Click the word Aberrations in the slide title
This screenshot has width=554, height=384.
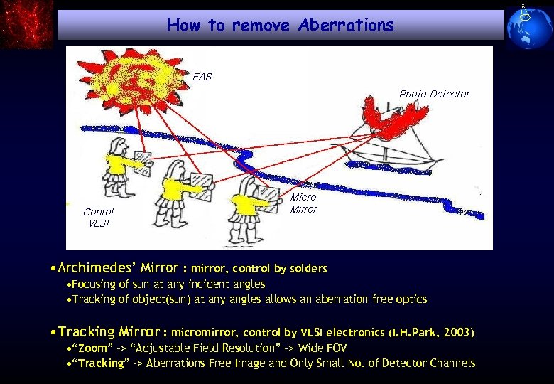(x=346, y=26)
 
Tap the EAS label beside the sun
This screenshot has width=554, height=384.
(x=202, y=77)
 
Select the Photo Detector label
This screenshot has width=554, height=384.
(x=434, y=94)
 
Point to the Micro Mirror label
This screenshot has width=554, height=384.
(x=303, y=203)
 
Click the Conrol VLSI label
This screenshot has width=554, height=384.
(x=98, y=218)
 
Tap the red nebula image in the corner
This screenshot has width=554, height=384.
(x=26, y=24)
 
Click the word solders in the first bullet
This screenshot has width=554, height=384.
(x=307, y=269)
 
